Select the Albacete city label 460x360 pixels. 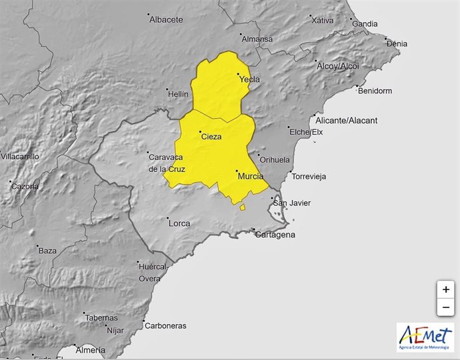point(166,20)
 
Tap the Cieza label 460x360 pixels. point(211,137)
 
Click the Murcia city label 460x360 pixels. point(250,176)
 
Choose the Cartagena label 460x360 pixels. point(275,235)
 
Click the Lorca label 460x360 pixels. point(179,223)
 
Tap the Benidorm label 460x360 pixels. point(375,91)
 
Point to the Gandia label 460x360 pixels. point(365,24)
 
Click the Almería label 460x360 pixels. point(91,350)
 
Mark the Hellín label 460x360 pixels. point(179,95)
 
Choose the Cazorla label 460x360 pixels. point(25,186)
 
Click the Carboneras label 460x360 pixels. point(167,326)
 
